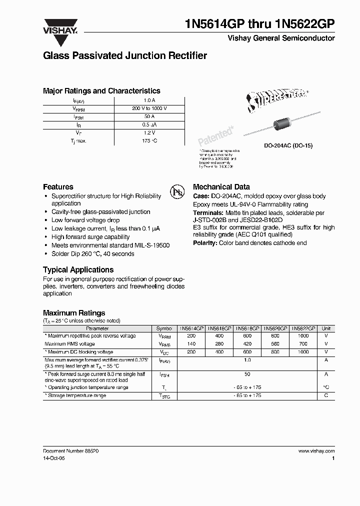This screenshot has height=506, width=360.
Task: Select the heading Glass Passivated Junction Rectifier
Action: [x=125, y=56]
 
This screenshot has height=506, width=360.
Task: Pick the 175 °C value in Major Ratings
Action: [x=149, y=141]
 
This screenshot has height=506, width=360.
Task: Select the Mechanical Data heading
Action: [x=221, y=186]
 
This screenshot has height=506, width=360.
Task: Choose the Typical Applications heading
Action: [x=78, y=269]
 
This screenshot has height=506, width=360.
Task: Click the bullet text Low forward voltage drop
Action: [x=85, y=220]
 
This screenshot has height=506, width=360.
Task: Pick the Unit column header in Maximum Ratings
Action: [x=326, y=328]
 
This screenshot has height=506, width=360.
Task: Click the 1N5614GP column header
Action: [x=191, y=328]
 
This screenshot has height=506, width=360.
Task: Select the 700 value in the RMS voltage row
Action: [x=303, y=344]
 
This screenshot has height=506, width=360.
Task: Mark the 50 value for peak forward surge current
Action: [x=247, y=373]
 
